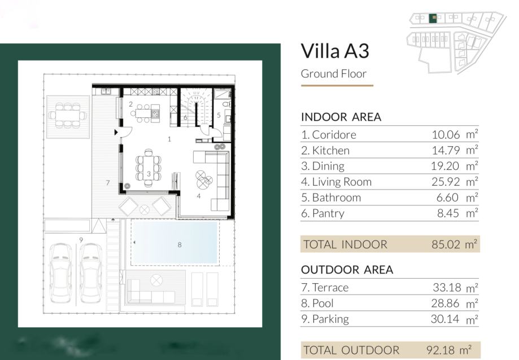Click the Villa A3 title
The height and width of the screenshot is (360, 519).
pos(335,51)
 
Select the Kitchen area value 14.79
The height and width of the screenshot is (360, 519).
pos(446,151)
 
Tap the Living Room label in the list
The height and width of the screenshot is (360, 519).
pos(342,182)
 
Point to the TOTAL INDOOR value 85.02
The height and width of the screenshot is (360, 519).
pos(446,244)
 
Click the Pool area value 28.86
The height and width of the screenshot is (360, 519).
pos(445,303)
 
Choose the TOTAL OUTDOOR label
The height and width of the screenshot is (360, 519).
pos(351,350)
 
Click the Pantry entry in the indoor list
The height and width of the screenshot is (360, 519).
pos(322,213)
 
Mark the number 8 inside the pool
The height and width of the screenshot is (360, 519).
pos(180,245)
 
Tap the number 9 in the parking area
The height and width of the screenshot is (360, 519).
pos(81,240)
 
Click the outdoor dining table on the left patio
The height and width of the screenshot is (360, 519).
pos(68,115)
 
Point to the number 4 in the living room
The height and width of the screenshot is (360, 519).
pos(199,196)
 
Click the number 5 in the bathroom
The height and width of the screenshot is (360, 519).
pos(219,115)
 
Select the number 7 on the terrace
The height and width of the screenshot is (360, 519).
pos(107,182)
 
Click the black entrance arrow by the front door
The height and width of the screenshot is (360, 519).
pos(116,132)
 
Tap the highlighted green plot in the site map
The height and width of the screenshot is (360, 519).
pos(432,18)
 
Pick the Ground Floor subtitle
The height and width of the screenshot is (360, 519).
pos(334,74)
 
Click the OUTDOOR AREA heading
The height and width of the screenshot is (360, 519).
pos(347,270)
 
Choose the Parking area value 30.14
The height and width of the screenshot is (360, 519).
pos(445,319)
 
